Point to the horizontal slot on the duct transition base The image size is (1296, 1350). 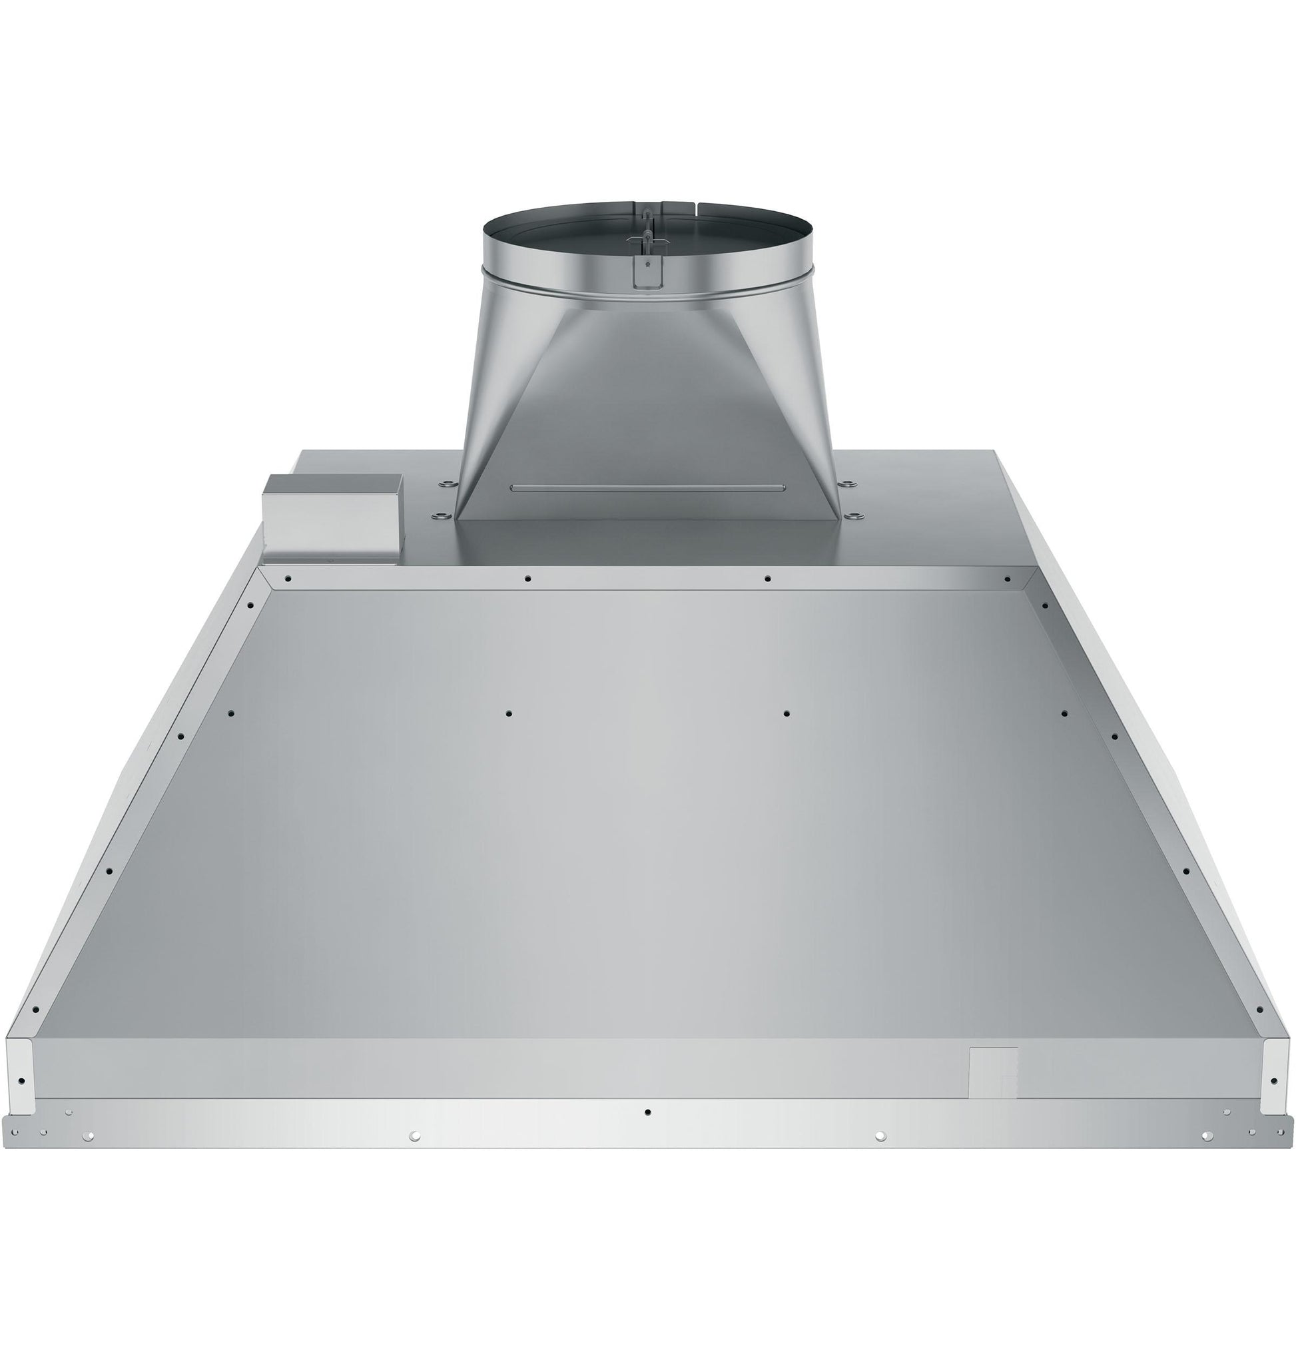647,488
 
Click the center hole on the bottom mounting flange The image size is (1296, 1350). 647,1112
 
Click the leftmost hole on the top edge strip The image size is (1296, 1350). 288,579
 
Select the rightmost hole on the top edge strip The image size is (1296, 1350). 1006,579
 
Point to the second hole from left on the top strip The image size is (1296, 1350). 527,579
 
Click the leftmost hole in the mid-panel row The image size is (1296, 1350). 230,713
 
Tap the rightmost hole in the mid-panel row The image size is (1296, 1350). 1064,713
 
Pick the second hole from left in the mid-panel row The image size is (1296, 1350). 508,713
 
